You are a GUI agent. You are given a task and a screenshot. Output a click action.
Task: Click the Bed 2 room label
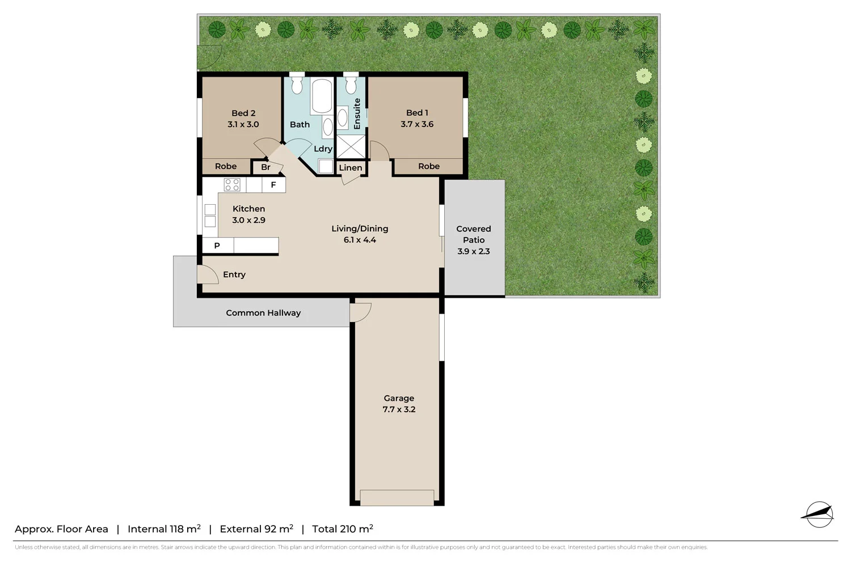pos(243,113)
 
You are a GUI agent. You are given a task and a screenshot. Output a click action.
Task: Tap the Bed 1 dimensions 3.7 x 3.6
pos(417,124)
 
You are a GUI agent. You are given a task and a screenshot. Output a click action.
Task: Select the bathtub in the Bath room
pos(321,96)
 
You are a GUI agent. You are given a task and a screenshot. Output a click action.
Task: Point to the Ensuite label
pos(357,113)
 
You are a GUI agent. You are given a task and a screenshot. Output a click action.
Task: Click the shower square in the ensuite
pos(351,146)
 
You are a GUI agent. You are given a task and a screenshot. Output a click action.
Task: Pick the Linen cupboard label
pos(350,168)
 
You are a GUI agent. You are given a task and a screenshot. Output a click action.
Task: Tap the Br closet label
pos(266,167)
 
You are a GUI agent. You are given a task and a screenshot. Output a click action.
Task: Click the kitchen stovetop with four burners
pos(232,185)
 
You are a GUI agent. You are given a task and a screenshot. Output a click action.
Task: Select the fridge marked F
pos(273,185)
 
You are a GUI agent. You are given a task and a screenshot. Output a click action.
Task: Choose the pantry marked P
pos(217,246)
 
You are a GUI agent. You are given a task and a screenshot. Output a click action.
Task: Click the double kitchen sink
pos(210,215)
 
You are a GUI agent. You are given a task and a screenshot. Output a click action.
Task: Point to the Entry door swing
pos(208,274)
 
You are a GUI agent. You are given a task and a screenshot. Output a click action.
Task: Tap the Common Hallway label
pos(263,313)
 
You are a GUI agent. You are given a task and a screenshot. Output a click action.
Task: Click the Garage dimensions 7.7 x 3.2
pos(399,409)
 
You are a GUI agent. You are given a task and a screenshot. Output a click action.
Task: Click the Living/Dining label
pos(360,229)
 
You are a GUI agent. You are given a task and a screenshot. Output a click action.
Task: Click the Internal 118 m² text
pos(164,529)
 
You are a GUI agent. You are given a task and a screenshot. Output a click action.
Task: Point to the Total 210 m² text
pos(342,529)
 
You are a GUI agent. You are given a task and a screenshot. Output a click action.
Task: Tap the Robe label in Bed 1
pos(429,166)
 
